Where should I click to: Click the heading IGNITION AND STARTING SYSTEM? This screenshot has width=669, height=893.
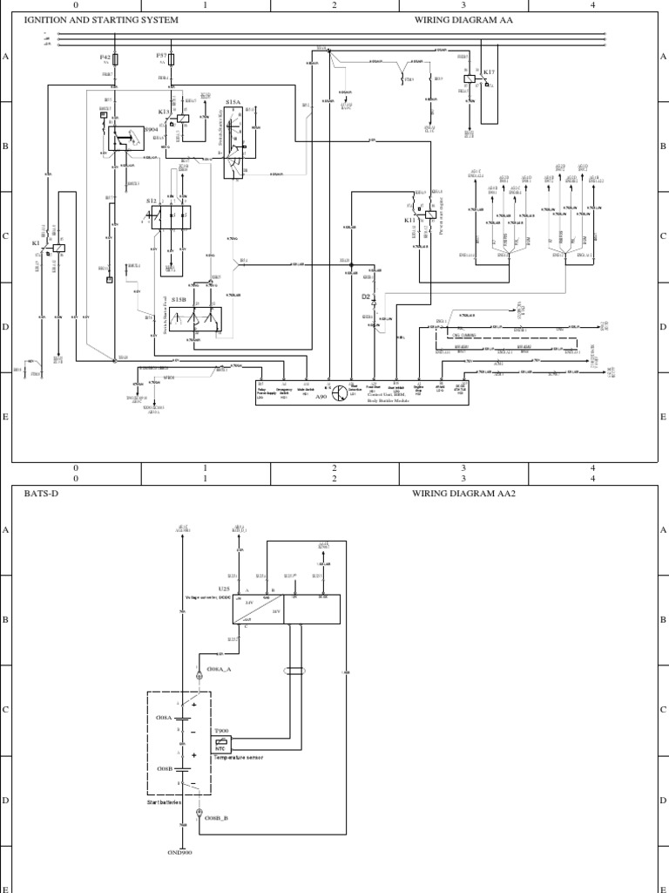[x=101, y=19]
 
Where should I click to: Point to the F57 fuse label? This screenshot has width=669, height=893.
[x=161, y=55]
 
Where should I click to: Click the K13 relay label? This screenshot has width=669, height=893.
[x=164, y=112]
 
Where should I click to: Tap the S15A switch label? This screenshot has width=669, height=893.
[x=233, y=102]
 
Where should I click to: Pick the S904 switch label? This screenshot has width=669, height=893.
[x=127, y=129]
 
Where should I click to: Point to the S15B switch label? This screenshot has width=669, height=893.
[x=179, y=299]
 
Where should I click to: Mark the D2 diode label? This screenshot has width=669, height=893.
[x=366, y=297]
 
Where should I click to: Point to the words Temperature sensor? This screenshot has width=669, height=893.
[x=239, y=759]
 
